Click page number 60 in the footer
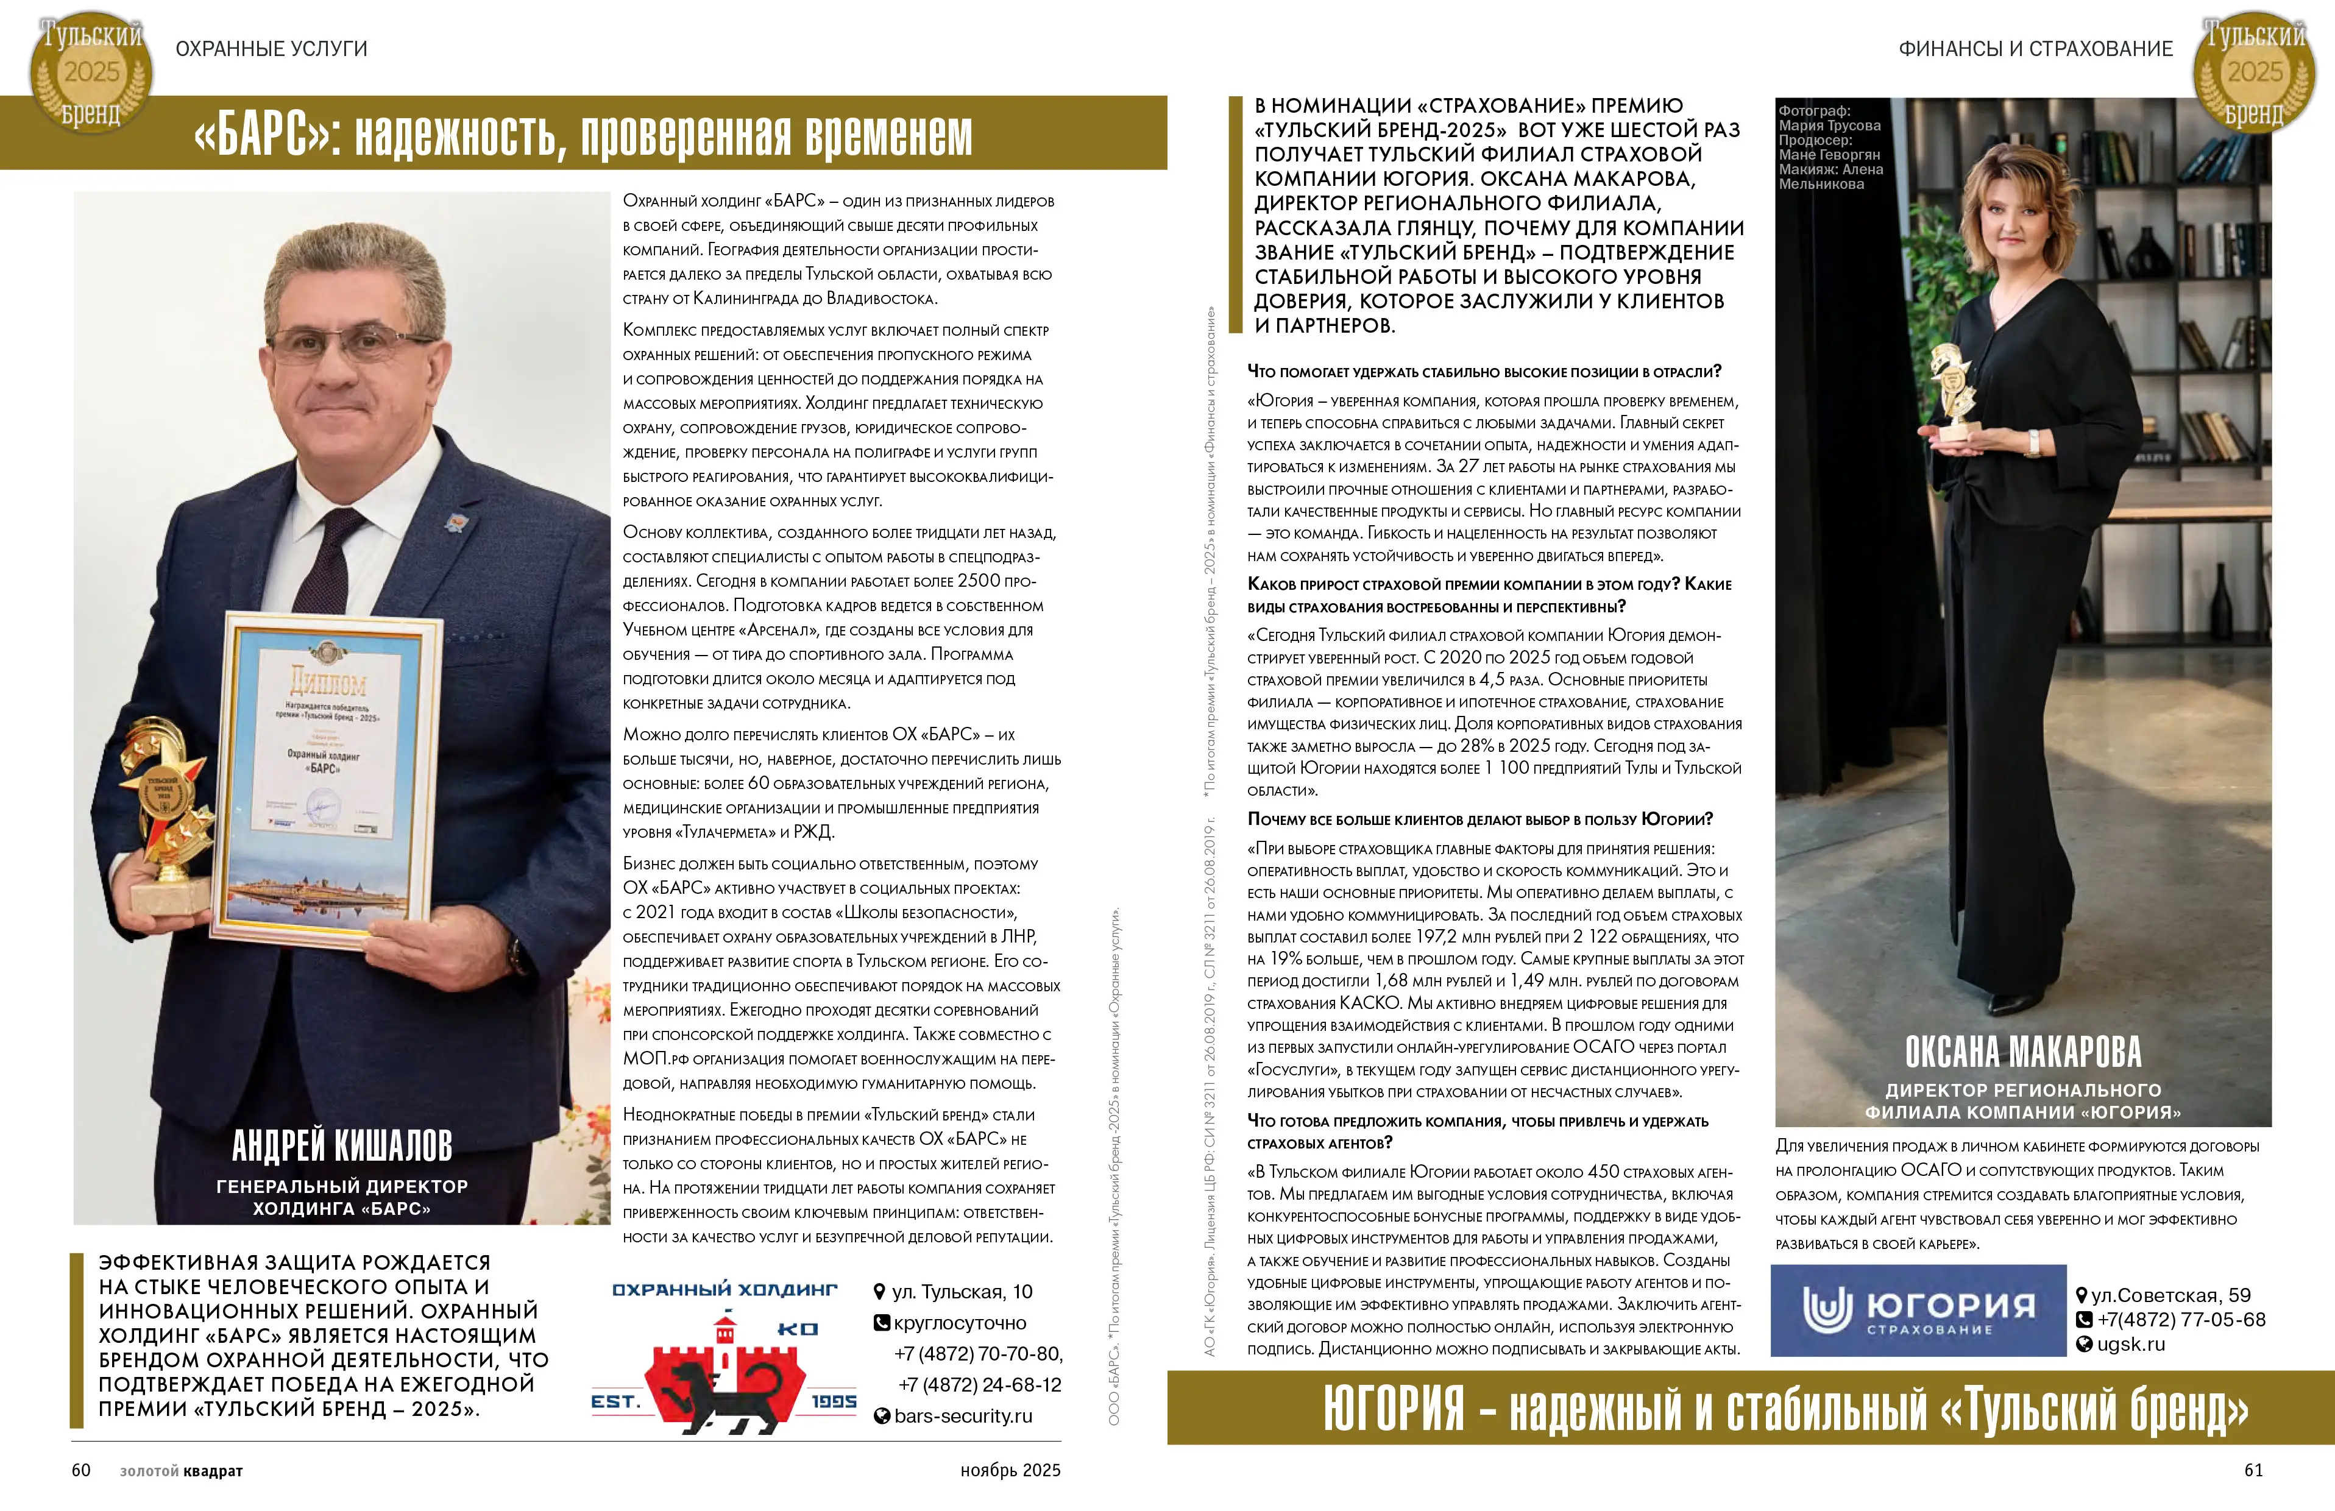pos(80,1470)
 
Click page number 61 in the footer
pos(2253,1470)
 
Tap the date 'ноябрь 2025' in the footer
pos(1010,1470)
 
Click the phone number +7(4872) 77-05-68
pos(2180,1320)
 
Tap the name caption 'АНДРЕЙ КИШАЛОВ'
pos(341,1145)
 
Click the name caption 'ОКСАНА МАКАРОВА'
pos(2023,1052)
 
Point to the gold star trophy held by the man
pos(165,805)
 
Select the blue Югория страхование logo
pos(1918,1311)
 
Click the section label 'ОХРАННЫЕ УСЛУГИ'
pos(271,49)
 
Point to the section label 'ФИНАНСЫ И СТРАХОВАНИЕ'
pos(2036,49)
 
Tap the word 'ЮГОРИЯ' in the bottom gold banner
pos(1393,1409)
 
